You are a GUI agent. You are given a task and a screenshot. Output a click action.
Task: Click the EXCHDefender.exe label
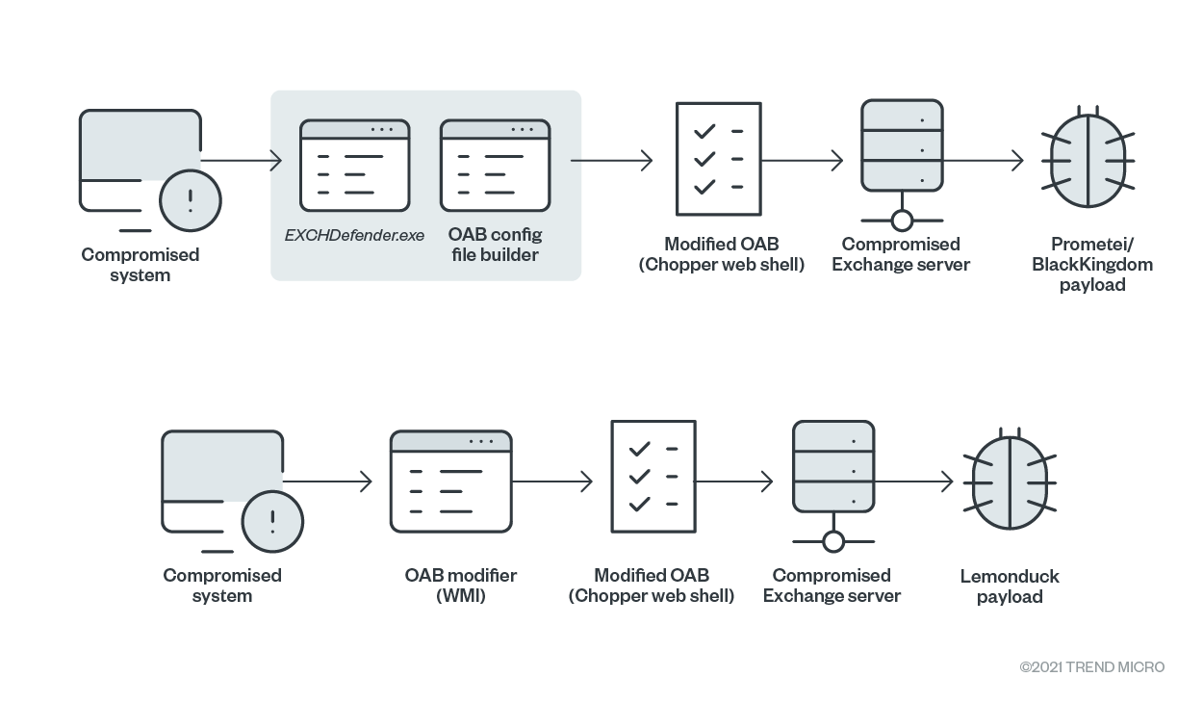[354, 235]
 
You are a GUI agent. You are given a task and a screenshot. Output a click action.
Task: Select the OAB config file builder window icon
[495, 166]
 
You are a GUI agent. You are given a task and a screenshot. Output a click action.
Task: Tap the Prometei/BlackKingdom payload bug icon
[1088, 160]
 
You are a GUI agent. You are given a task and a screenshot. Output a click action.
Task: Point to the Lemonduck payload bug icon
[1010, 481]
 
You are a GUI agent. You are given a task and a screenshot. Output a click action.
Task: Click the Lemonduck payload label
[1010, 586]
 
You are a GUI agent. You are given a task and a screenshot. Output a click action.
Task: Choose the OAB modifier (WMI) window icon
[450, 482]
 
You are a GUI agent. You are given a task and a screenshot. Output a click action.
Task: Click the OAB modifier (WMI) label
[460, 586]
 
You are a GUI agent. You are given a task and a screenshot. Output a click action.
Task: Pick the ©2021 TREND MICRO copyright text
[1092, 666]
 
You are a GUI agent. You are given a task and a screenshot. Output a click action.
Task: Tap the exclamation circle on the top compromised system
[191, 201]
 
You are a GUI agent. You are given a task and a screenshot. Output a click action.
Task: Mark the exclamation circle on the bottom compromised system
[272, 522]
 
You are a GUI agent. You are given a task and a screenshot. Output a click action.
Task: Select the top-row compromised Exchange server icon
[902, 164]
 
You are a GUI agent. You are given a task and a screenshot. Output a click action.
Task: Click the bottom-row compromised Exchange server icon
[833, 484]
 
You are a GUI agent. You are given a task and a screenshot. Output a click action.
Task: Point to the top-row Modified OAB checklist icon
[717, 158]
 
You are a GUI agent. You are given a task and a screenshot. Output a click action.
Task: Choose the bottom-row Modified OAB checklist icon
[653, 477]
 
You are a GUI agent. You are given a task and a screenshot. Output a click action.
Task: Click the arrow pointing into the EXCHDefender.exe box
[241, 160]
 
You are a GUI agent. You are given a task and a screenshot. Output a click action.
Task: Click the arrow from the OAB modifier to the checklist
[552, 481]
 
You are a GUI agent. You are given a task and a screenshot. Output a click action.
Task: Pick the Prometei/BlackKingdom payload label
[1092, 264]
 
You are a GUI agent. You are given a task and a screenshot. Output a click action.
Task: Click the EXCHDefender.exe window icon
[354, 166]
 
